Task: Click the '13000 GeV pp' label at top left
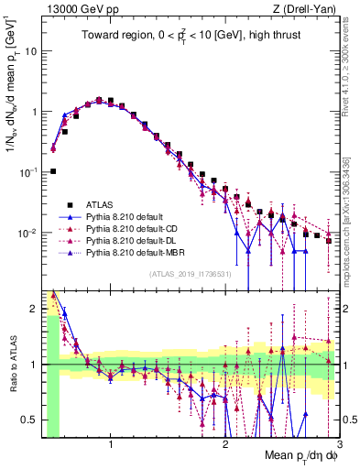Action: [77, 9]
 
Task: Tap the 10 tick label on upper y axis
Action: [30, 51]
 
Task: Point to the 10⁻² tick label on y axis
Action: [27, 233]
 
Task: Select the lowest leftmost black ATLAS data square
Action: [53, 171]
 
